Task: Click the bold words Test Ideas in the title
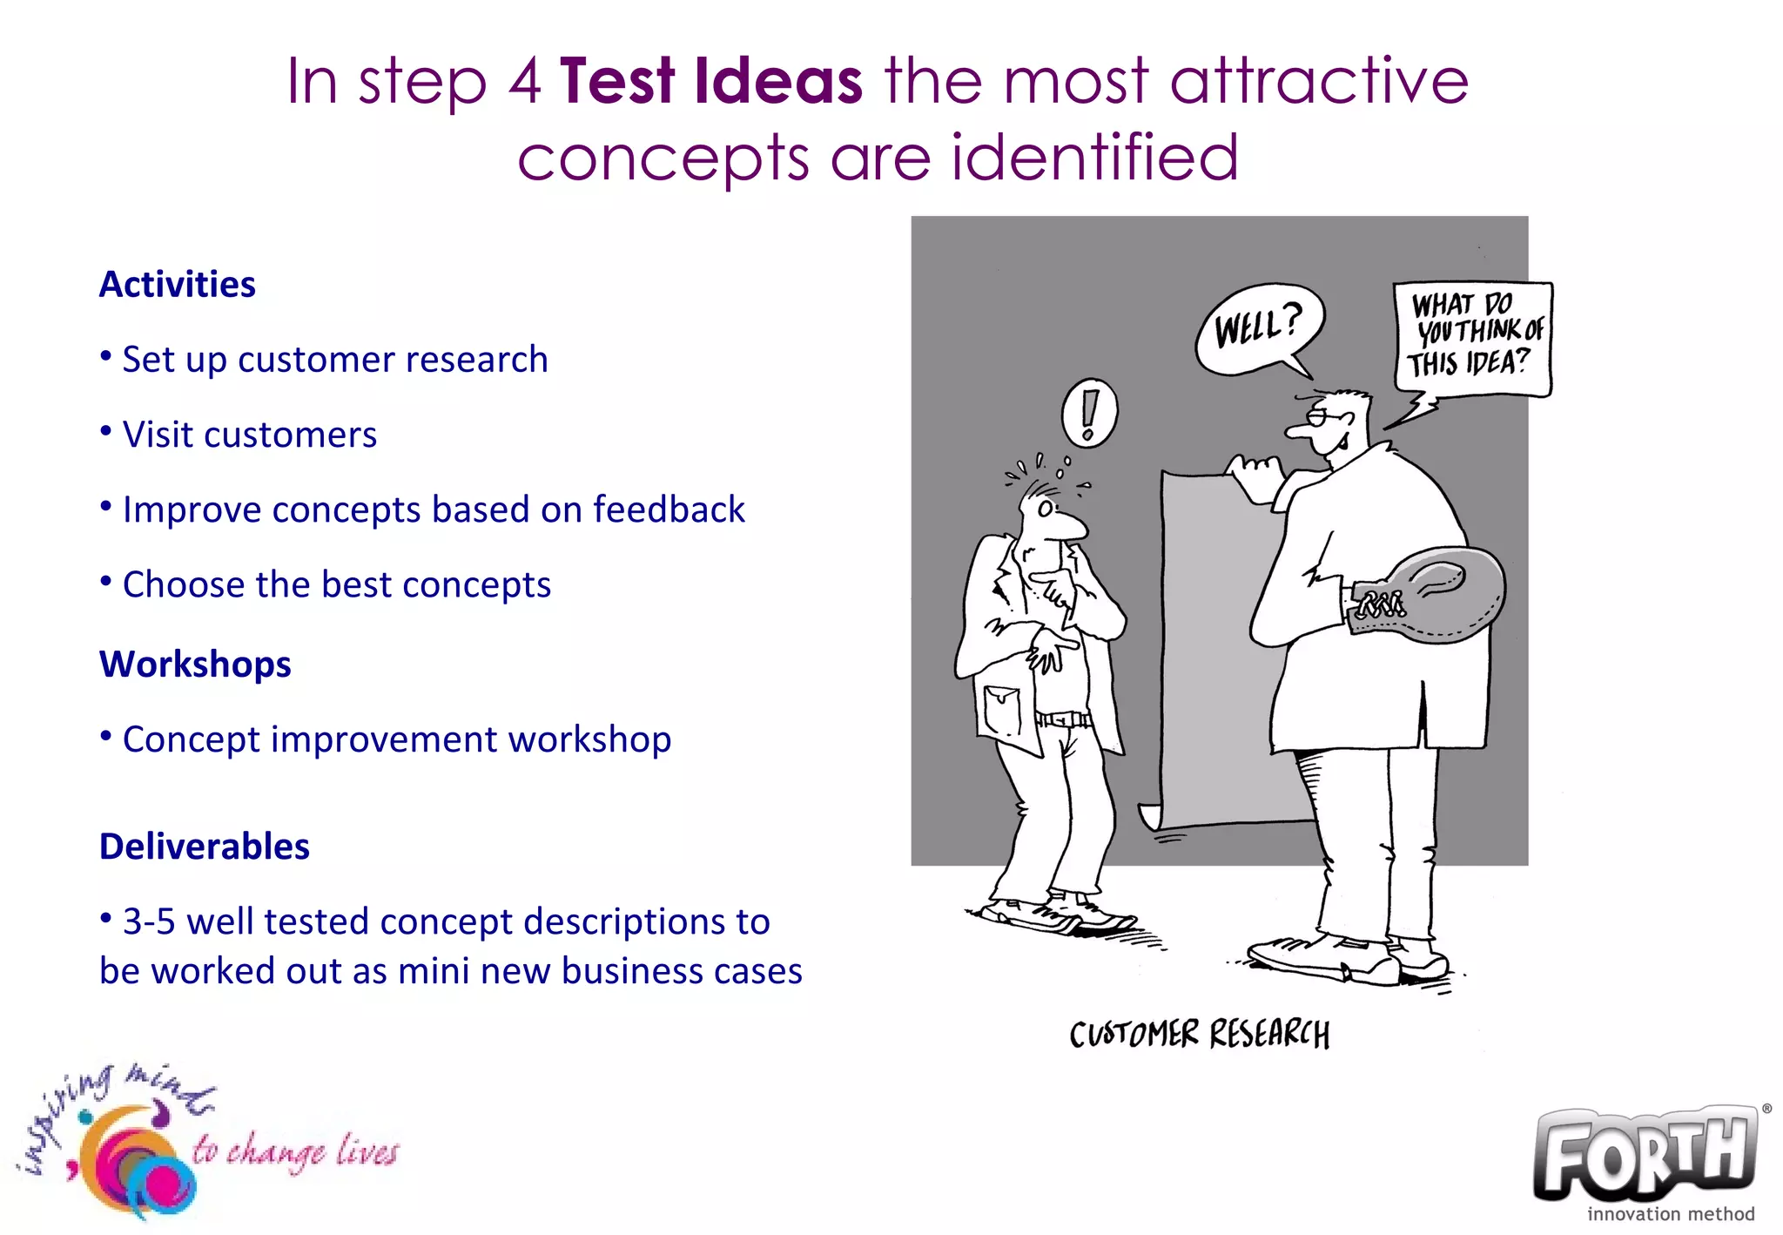tap(710, 81)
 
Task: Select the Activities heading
tap(178, 285)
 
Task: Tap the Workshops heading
tap(195, 665)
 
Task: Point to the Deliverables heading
tap(205, 847)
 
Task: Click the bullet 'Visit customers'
tap(249, 435)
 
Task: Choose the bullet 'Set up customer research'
tap(334, 360)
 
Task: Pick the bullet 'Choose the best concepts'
tap(336, 584)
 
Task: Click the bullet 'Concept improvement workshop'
tap(396, 739)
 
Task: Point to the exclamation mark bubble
tap(1089, 413)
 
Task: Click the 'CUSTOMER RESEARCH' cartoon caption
tap(1199, 1035)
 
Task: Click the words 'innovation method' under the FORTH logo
tap(1670, 1214)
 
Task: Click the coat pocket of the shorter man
tap(1002, 710)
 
